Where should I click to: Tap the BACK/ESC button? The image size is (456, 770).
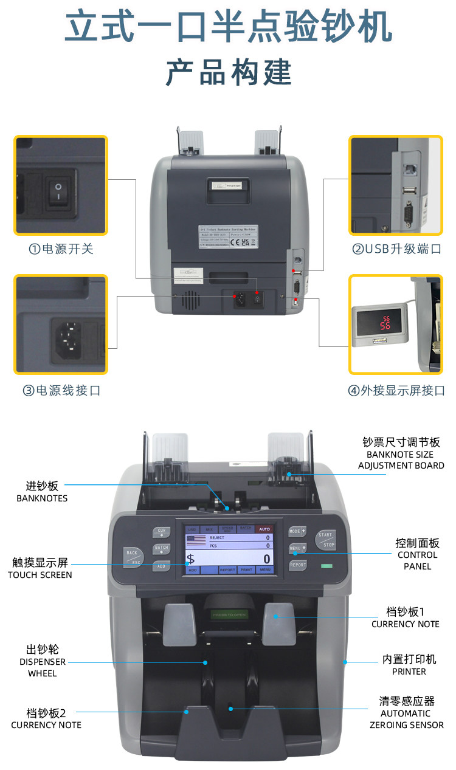click(x=133, y=556)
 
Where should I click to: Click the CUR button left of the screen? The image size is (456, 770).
click(x=161, y=532)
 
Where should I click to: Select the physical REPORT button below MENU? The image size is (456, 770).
click(x=297, y=565)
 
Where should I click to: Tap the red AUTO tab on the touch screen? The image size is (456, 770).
click(x=264, y=529)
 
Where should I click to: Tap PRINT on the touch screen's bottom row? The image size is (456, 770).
click(x=246, y=570)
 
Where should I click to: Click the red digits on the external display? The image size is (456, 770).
click(x=385, y=322)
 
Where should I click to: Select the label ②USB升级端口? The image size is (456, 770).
click(x=396, y=249)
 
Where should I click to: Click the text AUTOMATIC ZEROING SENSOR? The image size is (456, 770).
click(x=406, y=719)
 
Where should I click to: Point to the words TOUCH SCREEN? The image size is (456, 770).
click(x=40, y=575)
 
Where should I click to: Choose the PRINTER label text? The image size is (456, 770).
click(x=409, y=672)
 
